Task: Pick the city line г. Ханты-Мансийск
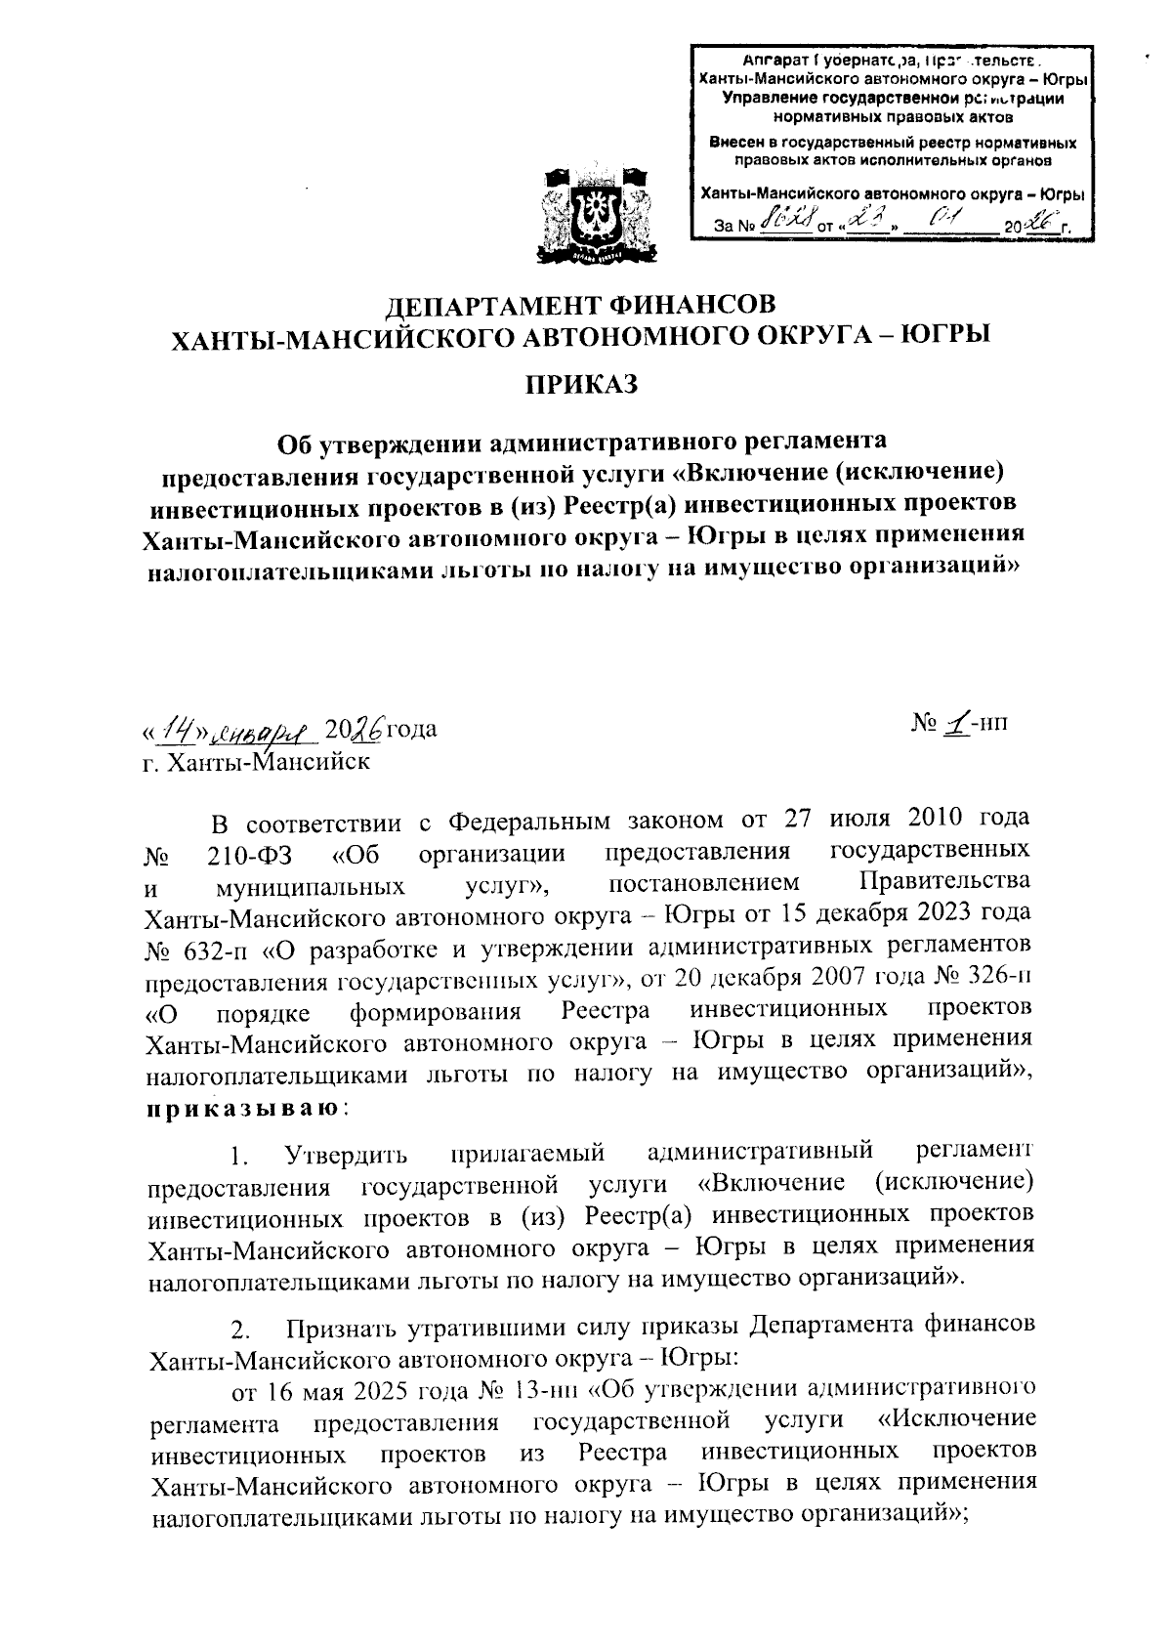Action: pos(256,762)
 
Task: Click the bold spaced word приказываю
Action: pos(242,1109)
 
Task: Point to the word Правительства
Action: pos(942,882)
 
